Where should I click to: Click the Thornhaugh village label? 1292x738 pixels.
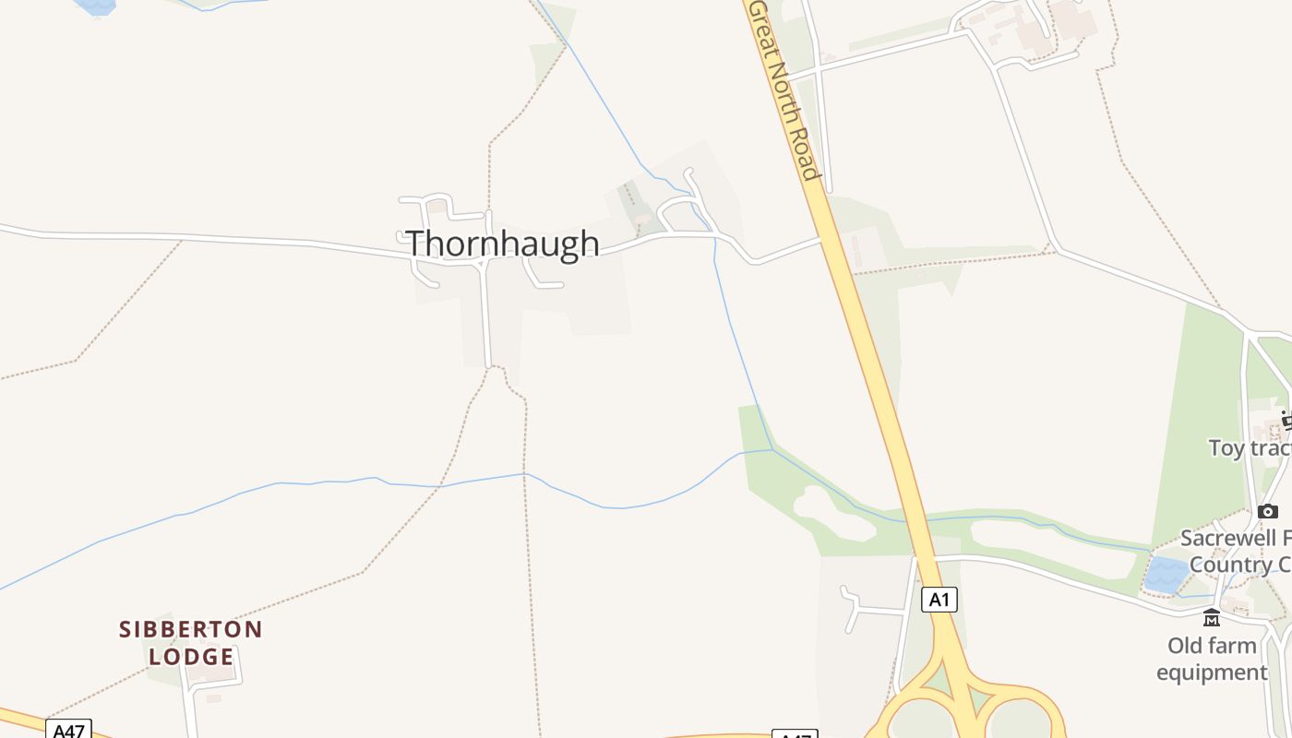503,244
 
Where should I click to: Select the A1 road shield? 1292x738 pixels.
939,600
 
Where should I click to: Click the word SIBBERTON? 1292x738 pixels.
191,630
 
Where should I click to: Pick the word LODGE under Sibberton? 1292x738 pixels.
191,657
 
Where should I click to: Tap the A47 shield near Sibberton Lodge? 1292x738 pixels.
68,731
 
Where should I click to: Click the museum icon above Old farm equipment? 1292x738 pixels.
1212,617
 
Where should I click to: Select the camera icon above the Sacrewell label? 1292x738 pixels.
1268,511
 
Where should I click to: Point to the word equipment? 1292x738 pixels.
1212,673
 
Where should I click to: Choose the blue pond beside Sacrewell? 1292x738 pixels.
1166,575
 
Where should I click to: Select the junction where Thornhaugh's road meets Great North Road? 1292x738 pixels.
820,239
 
